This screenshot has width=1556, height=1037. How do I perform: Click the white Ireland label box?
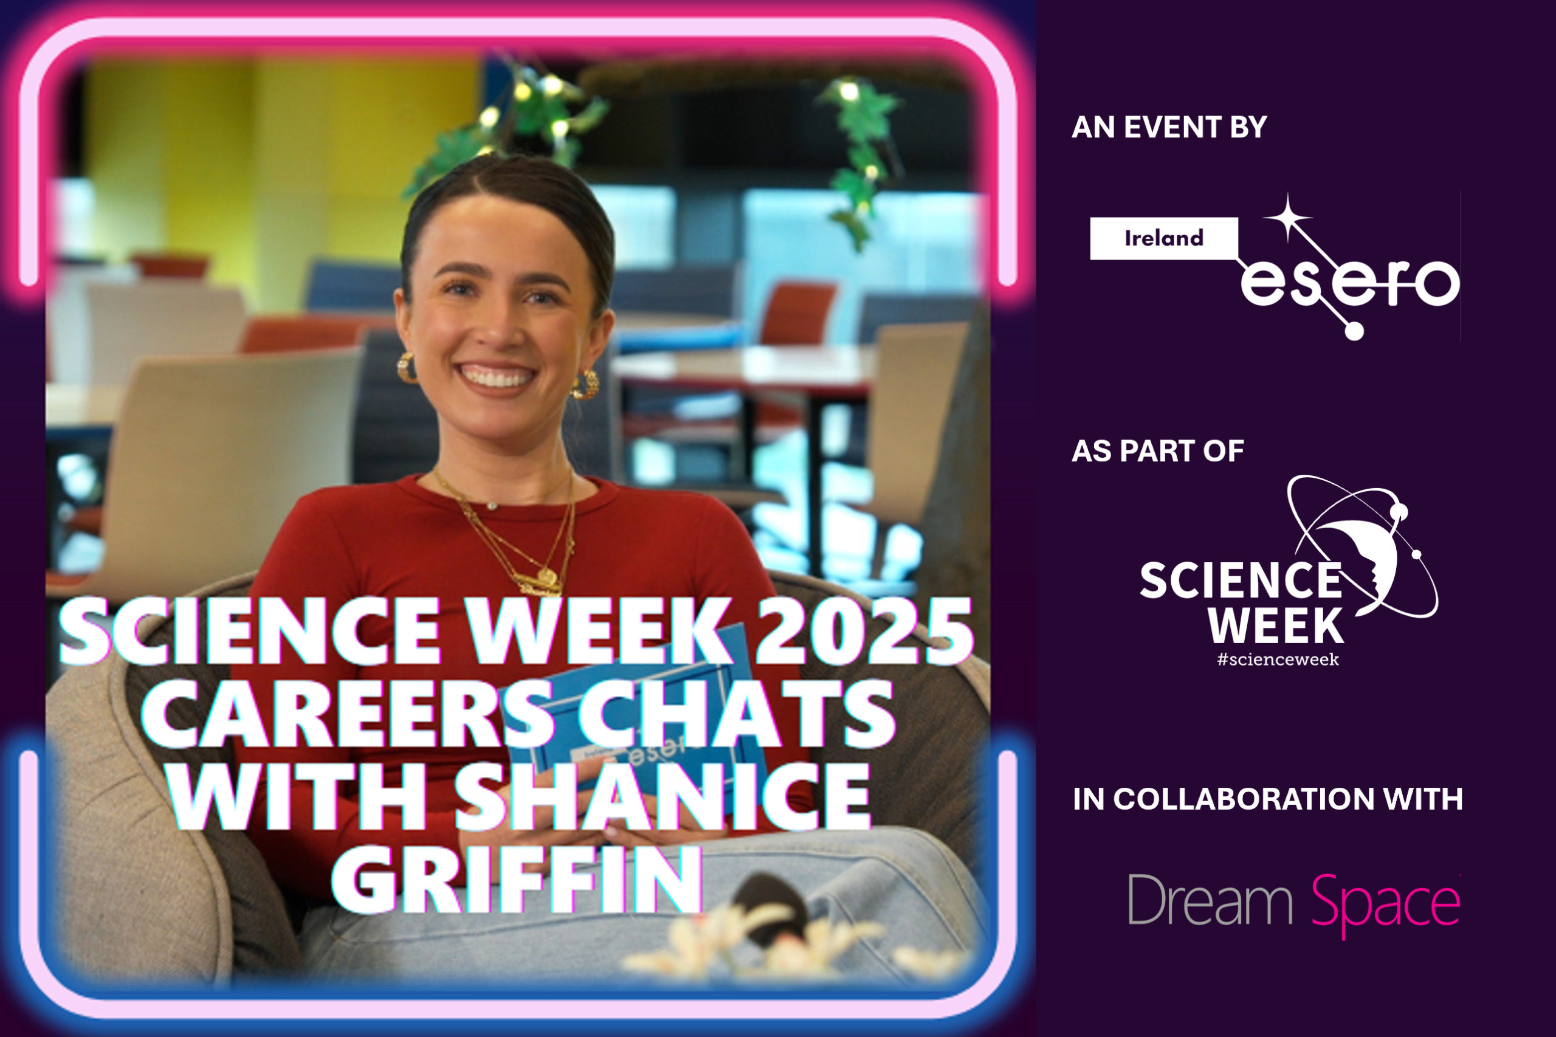(1164, 238)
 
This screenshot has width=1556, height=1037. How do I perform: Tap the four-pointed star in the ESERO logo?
(1287, 218)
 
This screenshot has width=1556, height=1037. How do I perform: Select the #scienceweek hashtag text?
(1278, 660)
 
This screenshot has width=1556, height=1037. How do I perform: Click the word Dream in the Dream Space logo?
(1210, 900)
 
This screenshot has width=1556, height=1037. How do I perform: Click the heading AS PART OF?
(1158, 451)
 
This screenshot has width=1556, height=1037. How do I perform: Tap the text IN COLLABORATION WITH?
(1268, 799)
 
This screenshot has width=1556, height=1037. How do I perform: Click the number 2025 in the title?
(864, 631)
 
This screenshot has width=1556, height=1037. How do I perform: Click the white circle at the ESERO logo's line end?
(1354, 331)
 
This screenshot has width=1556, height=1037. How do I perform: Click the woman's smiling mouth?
(497, 376)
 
